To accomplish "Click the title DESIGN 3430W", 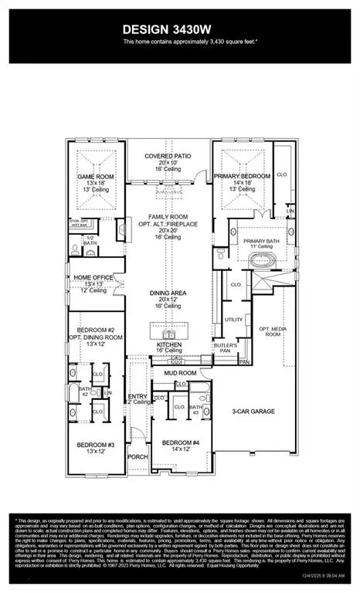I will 179,31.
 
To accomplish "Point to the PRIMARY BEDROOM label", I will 243,176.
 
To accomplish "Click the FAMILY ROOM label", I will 168,219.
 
